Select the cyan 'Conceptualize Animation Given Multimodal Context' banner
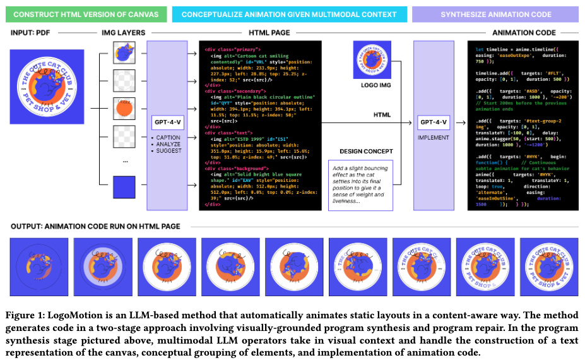(x=288, y=14)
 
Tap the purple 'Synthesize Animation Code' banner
(x=494, y=14)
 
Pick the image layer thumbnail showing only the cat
(x=124, y=52)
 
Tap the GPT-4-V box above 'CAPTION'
(x=167, y=122)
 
